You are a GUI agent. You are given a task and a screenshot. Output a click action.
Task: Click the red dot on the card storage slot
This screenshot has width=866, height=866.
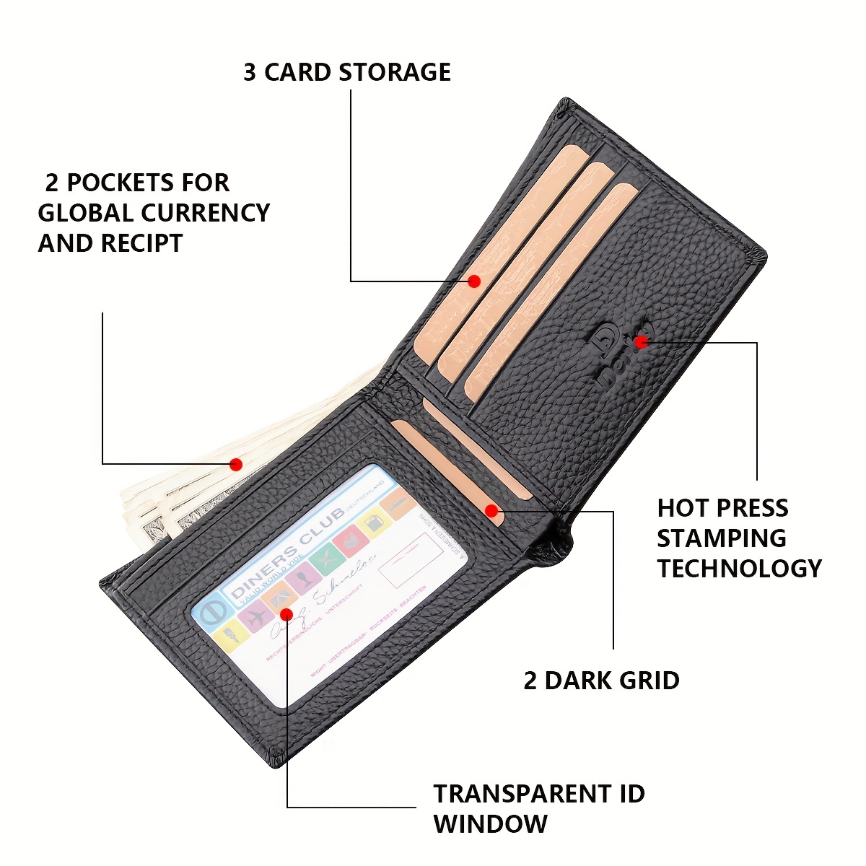(x=474, y=281)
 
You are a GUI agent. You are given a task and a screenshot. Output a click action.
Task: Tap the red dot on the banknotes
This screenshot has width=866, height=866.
(x=235, y=464)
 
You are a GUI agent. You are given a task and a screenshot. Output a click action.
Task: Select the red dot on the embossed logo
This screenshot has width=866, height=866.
(x=639, y=341)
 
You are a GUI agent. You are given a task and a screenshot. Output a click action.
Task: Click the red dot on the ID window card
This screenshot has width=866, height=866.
(x=286, y=614)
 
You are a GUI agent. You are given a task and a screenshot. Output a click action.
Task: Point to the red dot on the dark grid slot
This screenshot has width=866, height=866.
(x=491, y=511)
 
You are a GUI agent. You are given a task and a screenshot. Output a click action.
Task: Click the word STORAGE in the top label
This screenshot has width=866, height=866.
(x=395, y=72)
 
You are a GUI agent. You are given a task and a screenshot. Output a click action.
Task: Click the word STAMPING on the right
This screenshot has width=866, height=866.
(x=721, y=538)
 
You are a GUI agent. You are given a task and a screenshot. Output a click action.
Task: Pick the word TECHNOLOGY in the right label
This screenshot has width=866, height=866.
(x=739, y=568)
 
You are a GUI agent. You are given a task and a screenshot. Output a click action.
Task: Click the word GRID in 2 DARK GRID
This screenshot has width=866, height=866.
(x=647, y=680)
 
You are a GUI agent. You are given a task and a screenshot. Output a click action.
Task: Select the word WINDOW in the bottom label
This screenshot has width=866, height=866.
(x=491, y=823)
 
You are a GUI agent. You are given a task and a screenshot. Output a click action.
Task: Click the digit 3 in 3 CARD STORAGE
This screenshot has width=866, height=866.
(x=250, y=72)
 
